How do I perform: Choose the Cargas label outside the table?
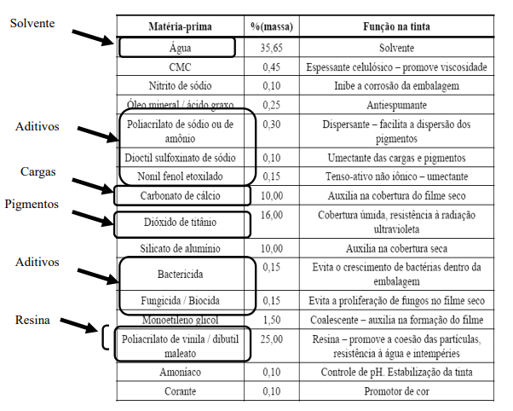tap(37, 171)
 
